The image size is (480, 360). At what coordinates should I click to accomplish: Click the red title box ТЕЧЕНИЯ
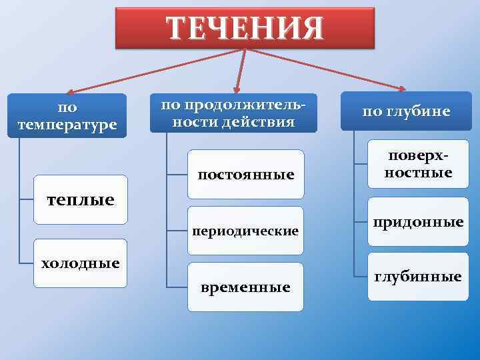point(245,28)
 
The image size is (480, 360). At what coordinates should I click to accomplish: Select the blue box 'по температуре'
point(67,115)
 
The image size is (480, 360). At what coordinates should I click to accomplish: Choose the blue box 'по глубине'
point(406,112)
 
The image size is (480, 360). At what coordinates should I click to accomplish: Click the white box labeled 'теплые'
point(80,199)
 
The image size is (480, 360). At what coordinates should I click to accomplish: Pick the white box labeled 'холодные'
point(80,263)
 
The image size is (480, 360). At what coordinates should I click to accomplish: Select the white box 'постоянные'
point(245,175)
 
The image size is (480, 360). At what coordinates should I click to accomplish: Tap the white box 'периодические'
point(245,231)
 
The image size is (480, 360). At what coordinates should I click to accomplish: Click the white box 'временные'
point(245,287)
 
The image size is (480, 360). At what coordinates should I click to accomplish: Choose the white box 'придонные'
point(418,221)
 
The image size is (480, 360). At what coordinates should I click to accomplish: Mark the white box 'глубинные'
point(418,276)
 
